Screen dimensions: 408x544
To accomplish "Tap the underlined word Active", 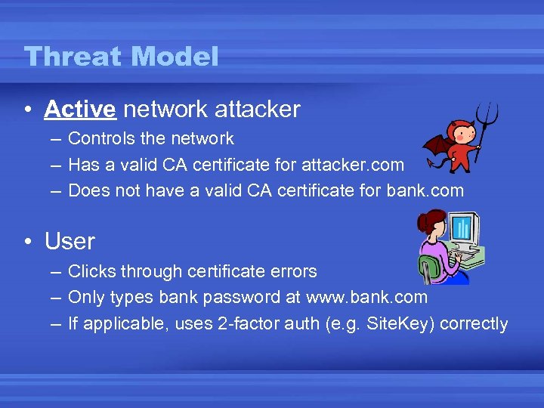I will click(x=79, y=110).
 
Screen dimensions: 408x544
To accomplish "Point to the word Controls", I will click(x=98, y=139).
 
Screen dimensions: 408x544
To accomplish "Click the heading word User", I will click(x=70, y=242).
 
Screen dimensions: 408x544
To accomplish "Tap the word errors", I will click(x=291, y=271).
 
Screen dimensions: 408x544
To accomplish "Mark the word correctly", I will click(x=474, y=324).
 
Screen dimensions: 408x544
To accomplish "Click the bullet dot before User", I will click(x=27, y=243).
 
